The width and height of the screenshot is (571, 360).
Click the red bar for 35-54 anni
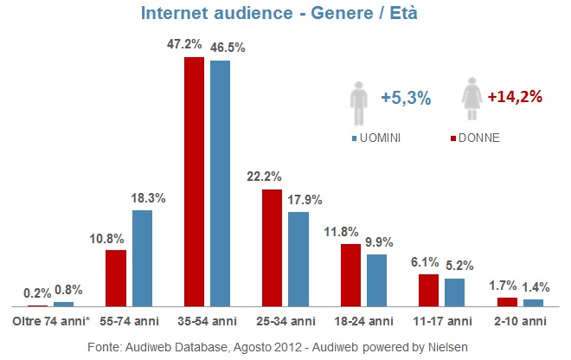pyautogui.click(x=193, y=182)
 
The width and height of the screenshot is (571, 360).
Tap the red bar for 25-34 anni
pyautogui.click(x=272, y=248)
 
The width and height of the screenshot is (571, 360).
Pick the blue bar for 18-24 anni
pyautogui.click(x=376, y=280)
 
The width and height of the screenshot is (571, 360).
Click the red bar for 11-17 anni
pyautogui.click(x=428, y=290)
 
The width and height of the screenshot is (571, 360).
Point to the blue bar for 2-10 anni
pyautogui.click(x=533, y=303)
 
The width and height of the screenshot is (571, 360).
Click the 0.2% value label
pyautogui.click(x=35, y=292)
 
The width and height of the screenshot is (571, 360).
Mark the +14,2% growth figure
pyautogui.click(x=515, y=97)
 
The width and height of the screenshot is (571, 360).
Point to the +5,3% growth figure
pyautogui.click(x=406, y=99)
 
